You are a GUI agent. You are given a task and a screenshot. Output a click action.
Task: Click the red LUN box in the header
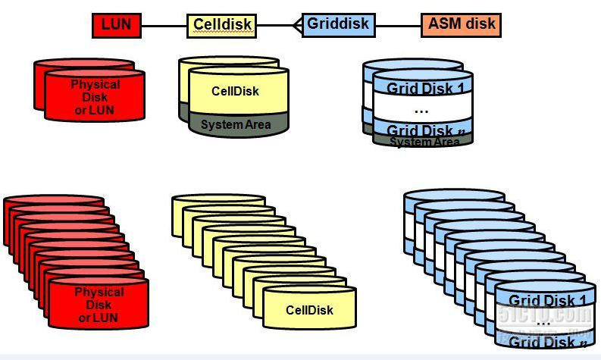pyautogui.click(x=116, y=25)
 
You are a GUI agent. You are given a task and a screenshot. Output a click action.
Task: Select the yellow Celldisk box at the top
pyautogui.click(x=222, y=25)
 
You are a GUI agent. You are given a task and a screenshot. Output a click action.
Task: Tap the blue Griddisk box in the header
pyautogui.click(x=337, y=24)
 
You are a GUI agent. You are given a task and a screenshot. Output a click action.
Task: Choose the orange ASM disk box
pyautogui.click(x=462, y=24)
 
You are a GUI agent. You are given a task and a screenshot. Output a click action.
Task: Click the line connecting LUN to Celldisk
pyautogui.click(x=164, y=26)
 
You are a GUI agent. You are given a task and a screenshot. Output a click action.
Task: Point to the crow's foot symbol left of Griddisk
pyautogui.click(x=296, y=26)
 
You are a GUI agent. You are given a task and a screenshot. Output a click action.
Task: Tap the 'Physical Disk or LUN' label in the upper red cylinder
pyautogui.click(x=95, y=96)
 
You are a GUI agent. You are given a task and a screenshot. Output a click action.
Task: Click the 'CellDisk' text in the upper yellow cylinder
pyautogui.click(x=235, y=91)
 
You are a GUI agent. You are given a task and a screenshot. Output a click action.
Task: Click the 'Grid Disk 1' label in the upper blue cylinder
pyautogui.click(x=425, y=89)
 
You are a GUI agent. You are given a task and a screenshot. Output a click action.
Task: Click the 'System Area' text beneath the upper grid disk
pyautogui.click(x=425, y=142)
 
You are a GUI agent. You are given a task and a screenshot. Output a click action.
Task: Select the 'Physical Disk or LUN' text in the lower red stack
pyautogui.click(x=99, y=304)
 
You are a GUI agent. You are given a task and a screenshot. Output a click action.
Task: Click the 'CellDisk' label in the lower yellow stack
pyautogui.click(x=309, y=310)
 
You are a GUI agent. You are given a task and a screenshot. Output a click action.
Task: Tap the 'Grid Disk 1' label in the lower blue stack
pyautogui.click(x=546, y=300)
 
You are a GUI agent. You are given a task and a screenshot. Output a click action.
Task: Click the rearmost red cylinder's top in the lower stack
pyautogui.click(x=53, y=200)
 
